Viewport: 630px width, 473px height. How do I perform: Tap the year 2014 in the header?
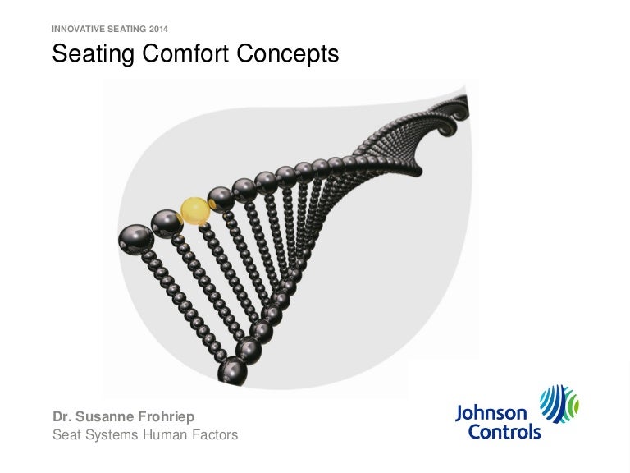pos(158,29)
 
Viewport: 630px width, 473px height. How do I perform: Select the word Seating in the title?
pos(93,54)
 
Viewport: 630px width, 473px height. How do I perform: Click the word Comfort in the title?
pos(185,53)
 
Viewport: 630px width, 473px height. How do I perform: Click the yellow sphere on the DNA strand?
pos(195,211)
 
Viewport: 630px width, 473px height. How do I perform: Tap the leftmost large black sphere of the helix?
pos(136,239)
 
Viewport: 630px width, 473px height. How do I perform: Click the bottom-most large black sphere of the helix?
pos(233,371)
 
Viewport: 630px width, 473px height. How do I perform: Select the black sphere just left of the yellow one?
pos(167,224)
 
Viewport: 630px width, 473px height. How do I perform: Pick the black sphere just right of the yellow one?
pos(221,200)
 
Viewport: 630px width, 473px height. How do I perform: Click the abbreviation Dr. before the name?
pos(62,416)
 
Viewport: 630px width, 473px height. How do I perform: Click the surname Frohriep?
pos(166,417)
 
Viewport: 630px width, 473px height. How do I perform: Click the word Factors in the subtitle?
pos(215,434)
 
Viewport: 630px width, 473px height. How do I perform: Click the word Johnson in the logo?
pos(491,414)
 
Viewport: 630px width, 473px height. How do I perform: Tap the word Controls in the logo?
pos(504,432)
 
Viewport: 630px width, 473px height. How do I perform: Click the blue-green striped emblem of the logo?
pos(559,403)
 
